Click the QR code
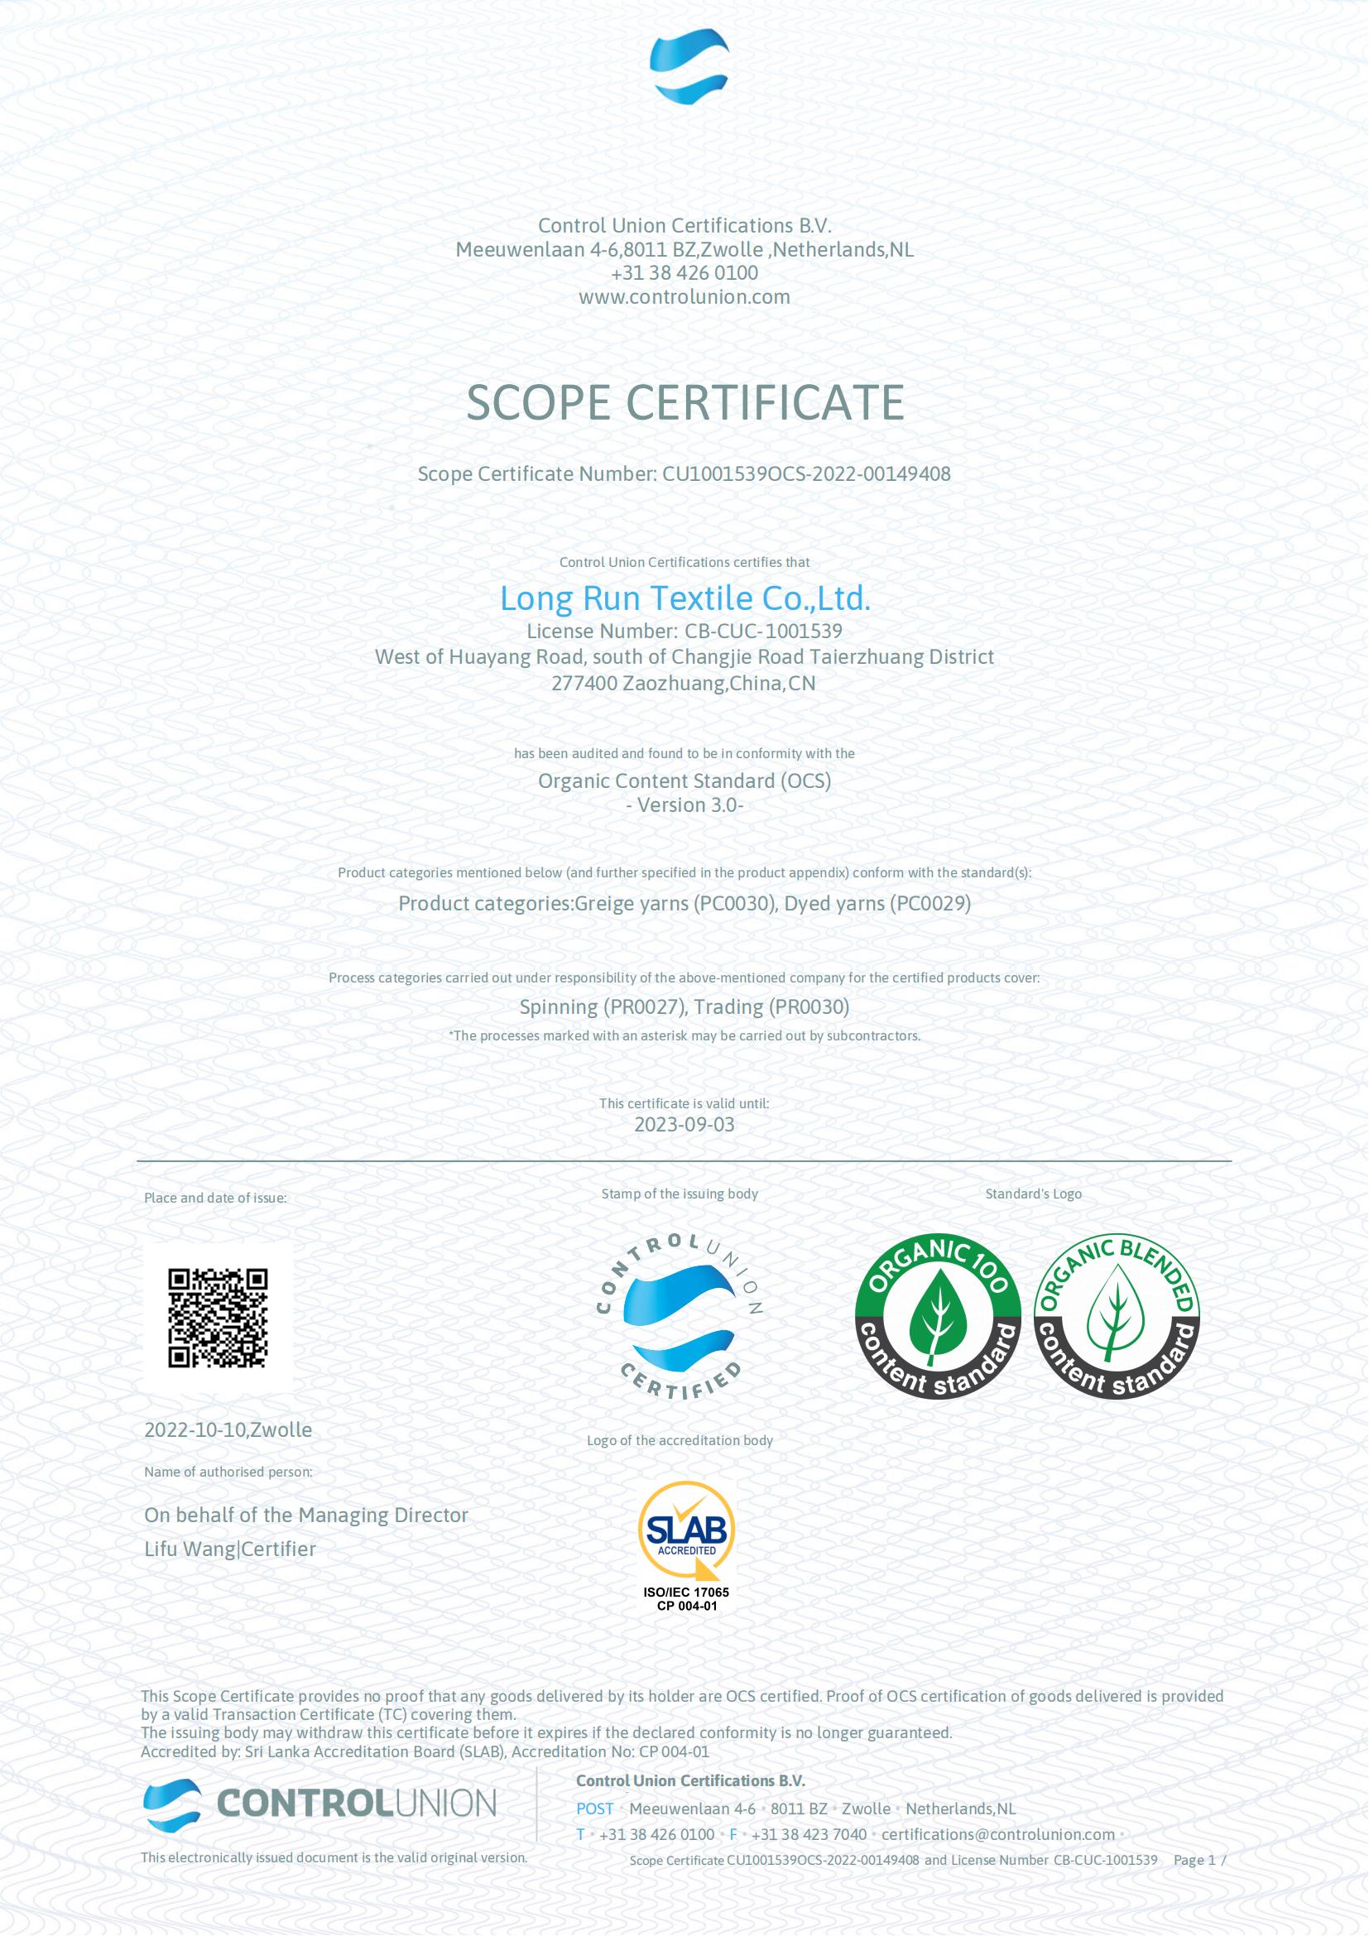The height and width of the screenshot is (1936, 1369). pyautogui.click(x=218, y=1317)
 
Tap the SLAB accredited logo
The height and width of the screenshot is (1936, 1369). pyautogui.click(x=686, y=1530)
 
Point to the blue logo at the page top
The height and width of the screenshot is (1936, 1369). pyautogui.click(x=688, y=65)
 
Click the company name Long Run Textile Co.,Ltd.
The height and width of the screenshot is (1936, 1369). pyautogui.click(x=684, y=598)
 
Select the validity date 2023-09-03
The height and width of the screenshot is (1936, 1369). pyautogui.click(x=684, y=1124)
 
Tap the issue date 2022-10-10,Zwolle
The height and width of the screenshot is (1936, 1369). pyautogui.click(x=228, y=1429)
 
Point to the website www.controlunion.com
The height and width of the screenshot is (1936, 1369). pyautogui.click(x=684, y=297)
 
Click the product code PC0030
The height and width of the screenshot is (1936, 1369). pyautogui.click(x=733, y=903)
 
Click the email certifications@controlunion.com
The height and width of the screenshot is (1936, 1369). pyautogui.click(x=998, y=1834)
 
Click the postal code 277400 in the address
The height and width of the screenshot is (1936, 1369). pyautogui.click(x=584, y=683)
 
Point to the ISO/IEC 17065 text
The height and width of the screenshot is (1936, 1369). pyautogui.click(x=686, y=1592)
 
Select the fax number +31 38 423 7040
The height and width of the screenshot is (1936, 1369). pyautogui.click(x=809, y=1834)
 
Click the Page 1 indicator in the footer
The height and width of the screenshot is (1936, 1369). pyautogui.click(x=1194, y=1859)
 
